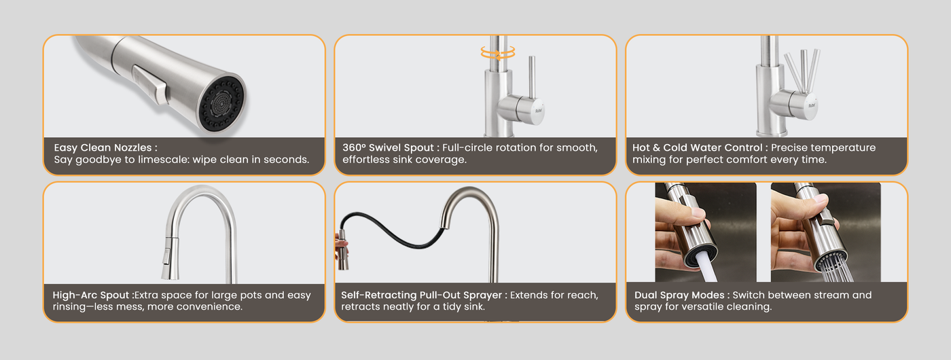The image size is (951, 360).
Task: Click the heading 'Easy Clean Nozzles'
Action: [x=103, y=148]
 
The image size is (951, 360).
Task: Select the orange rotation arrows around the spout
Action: [x=498, y=53]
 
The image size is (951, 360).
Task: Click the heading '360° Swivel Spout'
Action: [x=388, y=148]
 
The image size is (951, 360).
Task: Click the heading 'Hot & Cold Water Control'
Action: [x=697, y=148]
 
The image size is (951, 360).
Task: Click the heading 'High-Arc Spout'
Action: [x=90, y=295]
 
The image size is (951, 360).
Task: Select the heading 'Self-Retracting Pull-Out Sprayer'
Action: [x=422, y=295]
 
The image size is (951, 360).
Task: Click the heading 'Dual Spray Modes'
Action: [x=679, y=295]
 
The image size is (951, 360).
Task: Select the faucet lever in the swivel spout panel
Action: [x=531, y=77]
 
